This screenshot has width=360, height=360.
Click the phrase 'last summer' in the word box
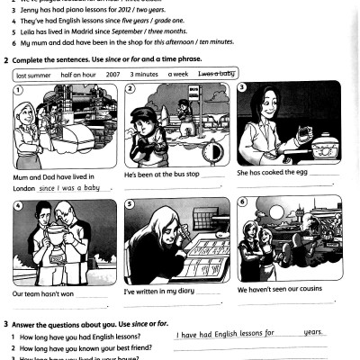34,75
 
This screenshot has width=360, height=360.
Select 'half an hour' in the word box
78,75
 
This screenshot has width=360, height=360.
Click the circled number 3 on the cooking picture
242,87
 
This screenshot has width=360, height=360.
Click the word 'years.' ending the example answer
314,332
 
